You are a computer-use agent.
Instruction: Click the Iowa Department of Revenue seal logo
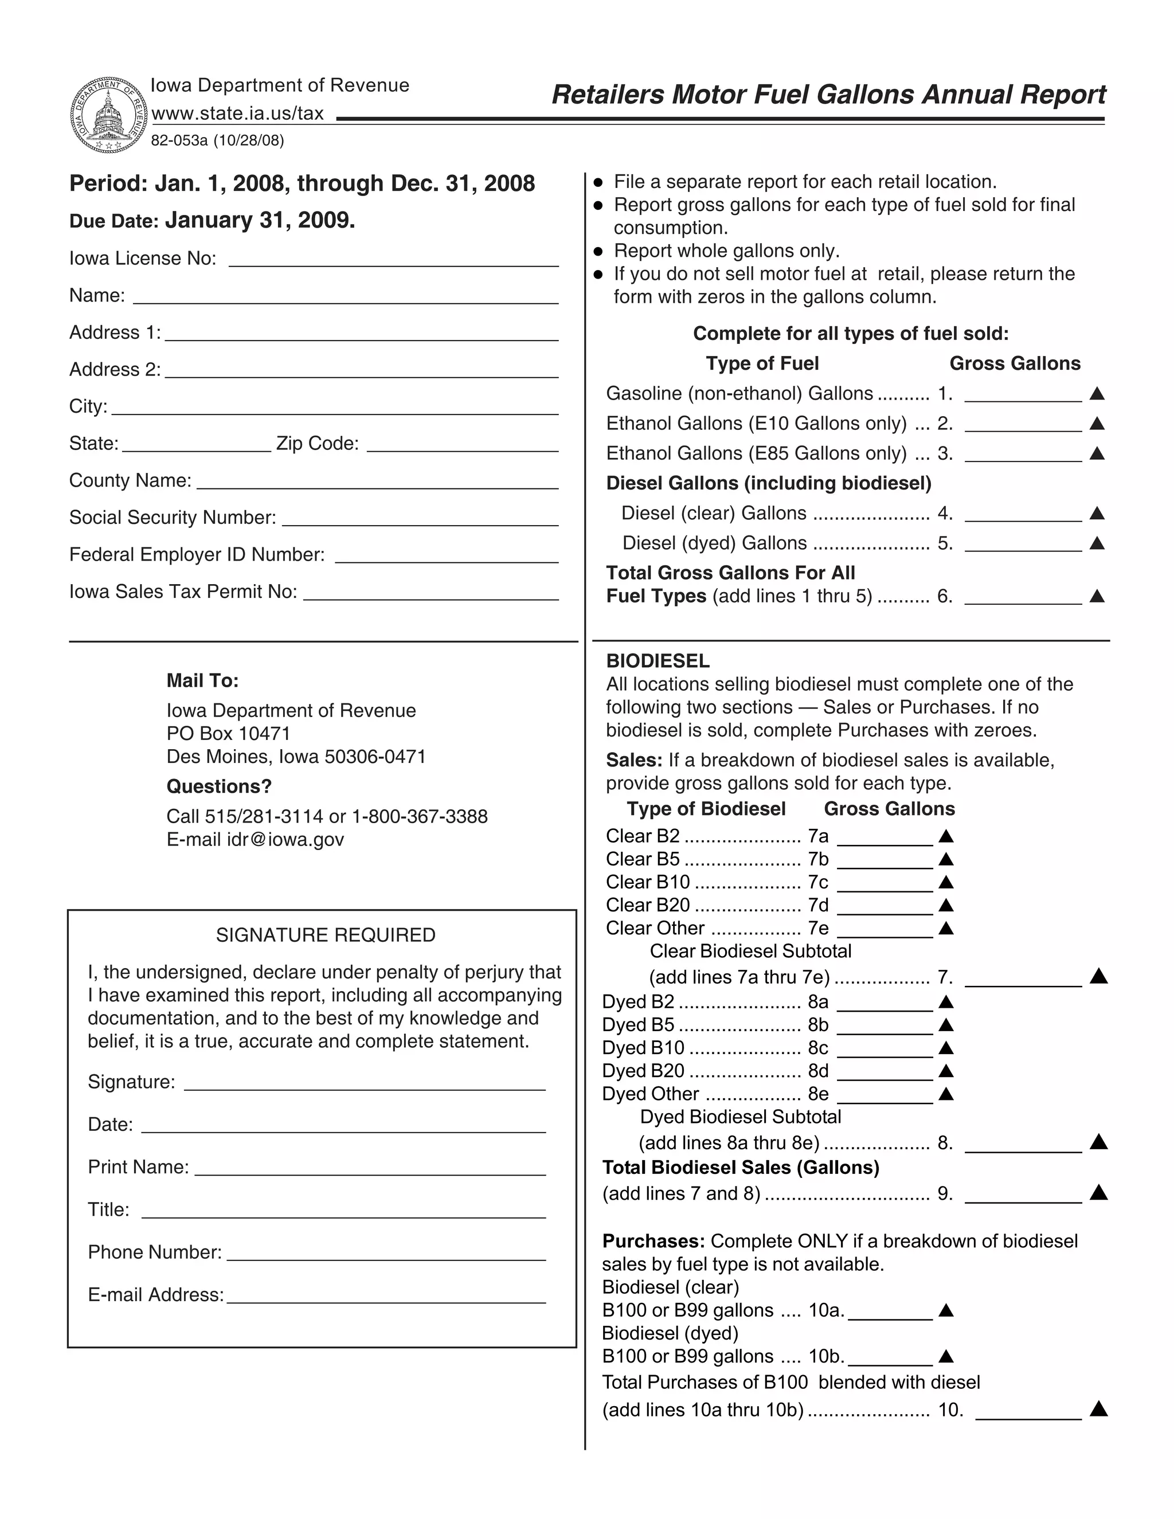[x=108, y=115]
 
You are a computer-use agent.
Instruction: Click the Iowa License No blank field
[x=394, y=260]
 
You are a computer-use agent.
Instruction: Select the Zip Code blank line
[x=463, y=445]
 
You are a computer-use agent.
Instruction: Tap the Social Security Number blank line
[x=420, y=519]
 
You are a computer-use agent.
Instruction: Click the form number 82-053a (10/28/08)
[x=218, y=141]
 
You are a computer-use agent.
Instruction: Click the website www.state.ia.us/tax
[x=238, y=113]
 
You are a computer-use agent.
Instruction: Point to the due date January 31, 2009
[x=260, y=221]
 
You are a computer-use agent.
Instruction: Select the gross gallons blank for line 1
[x=1023, y=395]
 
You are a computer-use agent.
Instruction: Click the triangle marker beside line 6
[x=1098, y=596]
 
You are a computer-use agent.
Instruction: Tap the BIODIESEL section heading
[x=658, y=661]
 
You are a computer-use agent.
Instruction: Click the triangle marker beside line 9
[x=1098, y=1193]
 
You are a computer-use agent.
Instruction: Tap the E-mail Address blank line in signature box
[x=386, y=1297]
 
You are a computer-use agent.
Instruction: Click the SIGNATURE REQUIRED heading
[x=326, y=935]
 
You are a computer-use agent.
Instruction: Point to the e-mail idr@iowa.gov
[x=255, y=840]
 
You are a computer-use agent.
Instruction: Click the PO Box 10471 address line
[x=229, y=734]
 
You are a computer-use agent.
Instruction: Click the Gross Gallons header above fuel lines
[x=1015, y=364]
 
